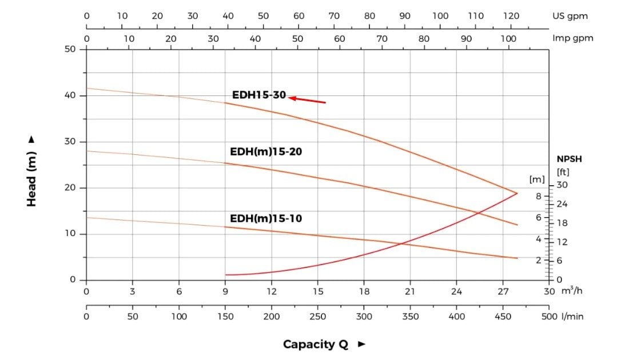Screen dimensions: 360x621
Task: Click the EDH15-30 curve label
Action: [258, 95]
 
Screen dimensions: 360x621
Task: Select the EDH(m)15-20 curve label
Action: [266, 152]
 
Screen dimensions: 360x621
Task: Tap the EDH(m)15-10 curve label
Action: [266, 218]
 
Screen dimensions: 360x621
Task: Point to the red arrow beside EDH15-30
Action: [307, 100]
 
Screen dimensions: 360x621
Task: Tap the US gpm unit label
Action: [570, 16]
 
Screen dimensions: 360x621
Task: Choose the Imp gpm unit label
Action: [573, 38]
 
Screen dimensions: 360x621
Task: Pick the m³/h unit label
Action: [572, 291]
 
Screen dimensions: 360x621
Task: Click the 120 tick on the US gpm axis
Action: [511, 16]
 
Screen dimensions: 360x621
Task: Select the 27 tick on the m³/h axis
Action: [503, 291]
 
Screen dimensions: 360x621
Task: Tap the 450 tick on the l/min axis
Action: [503, 316]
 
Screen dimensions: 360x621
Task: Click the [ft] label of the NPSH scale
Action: [563, 171]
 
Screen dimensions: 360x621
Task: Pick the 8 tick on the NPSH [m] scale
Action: [538, 195]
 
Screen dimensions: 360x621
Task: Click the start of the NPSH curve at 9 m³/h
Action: [226, 275]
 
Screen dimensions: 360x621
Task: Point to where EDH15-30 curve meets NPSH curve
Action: [517, 193]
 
